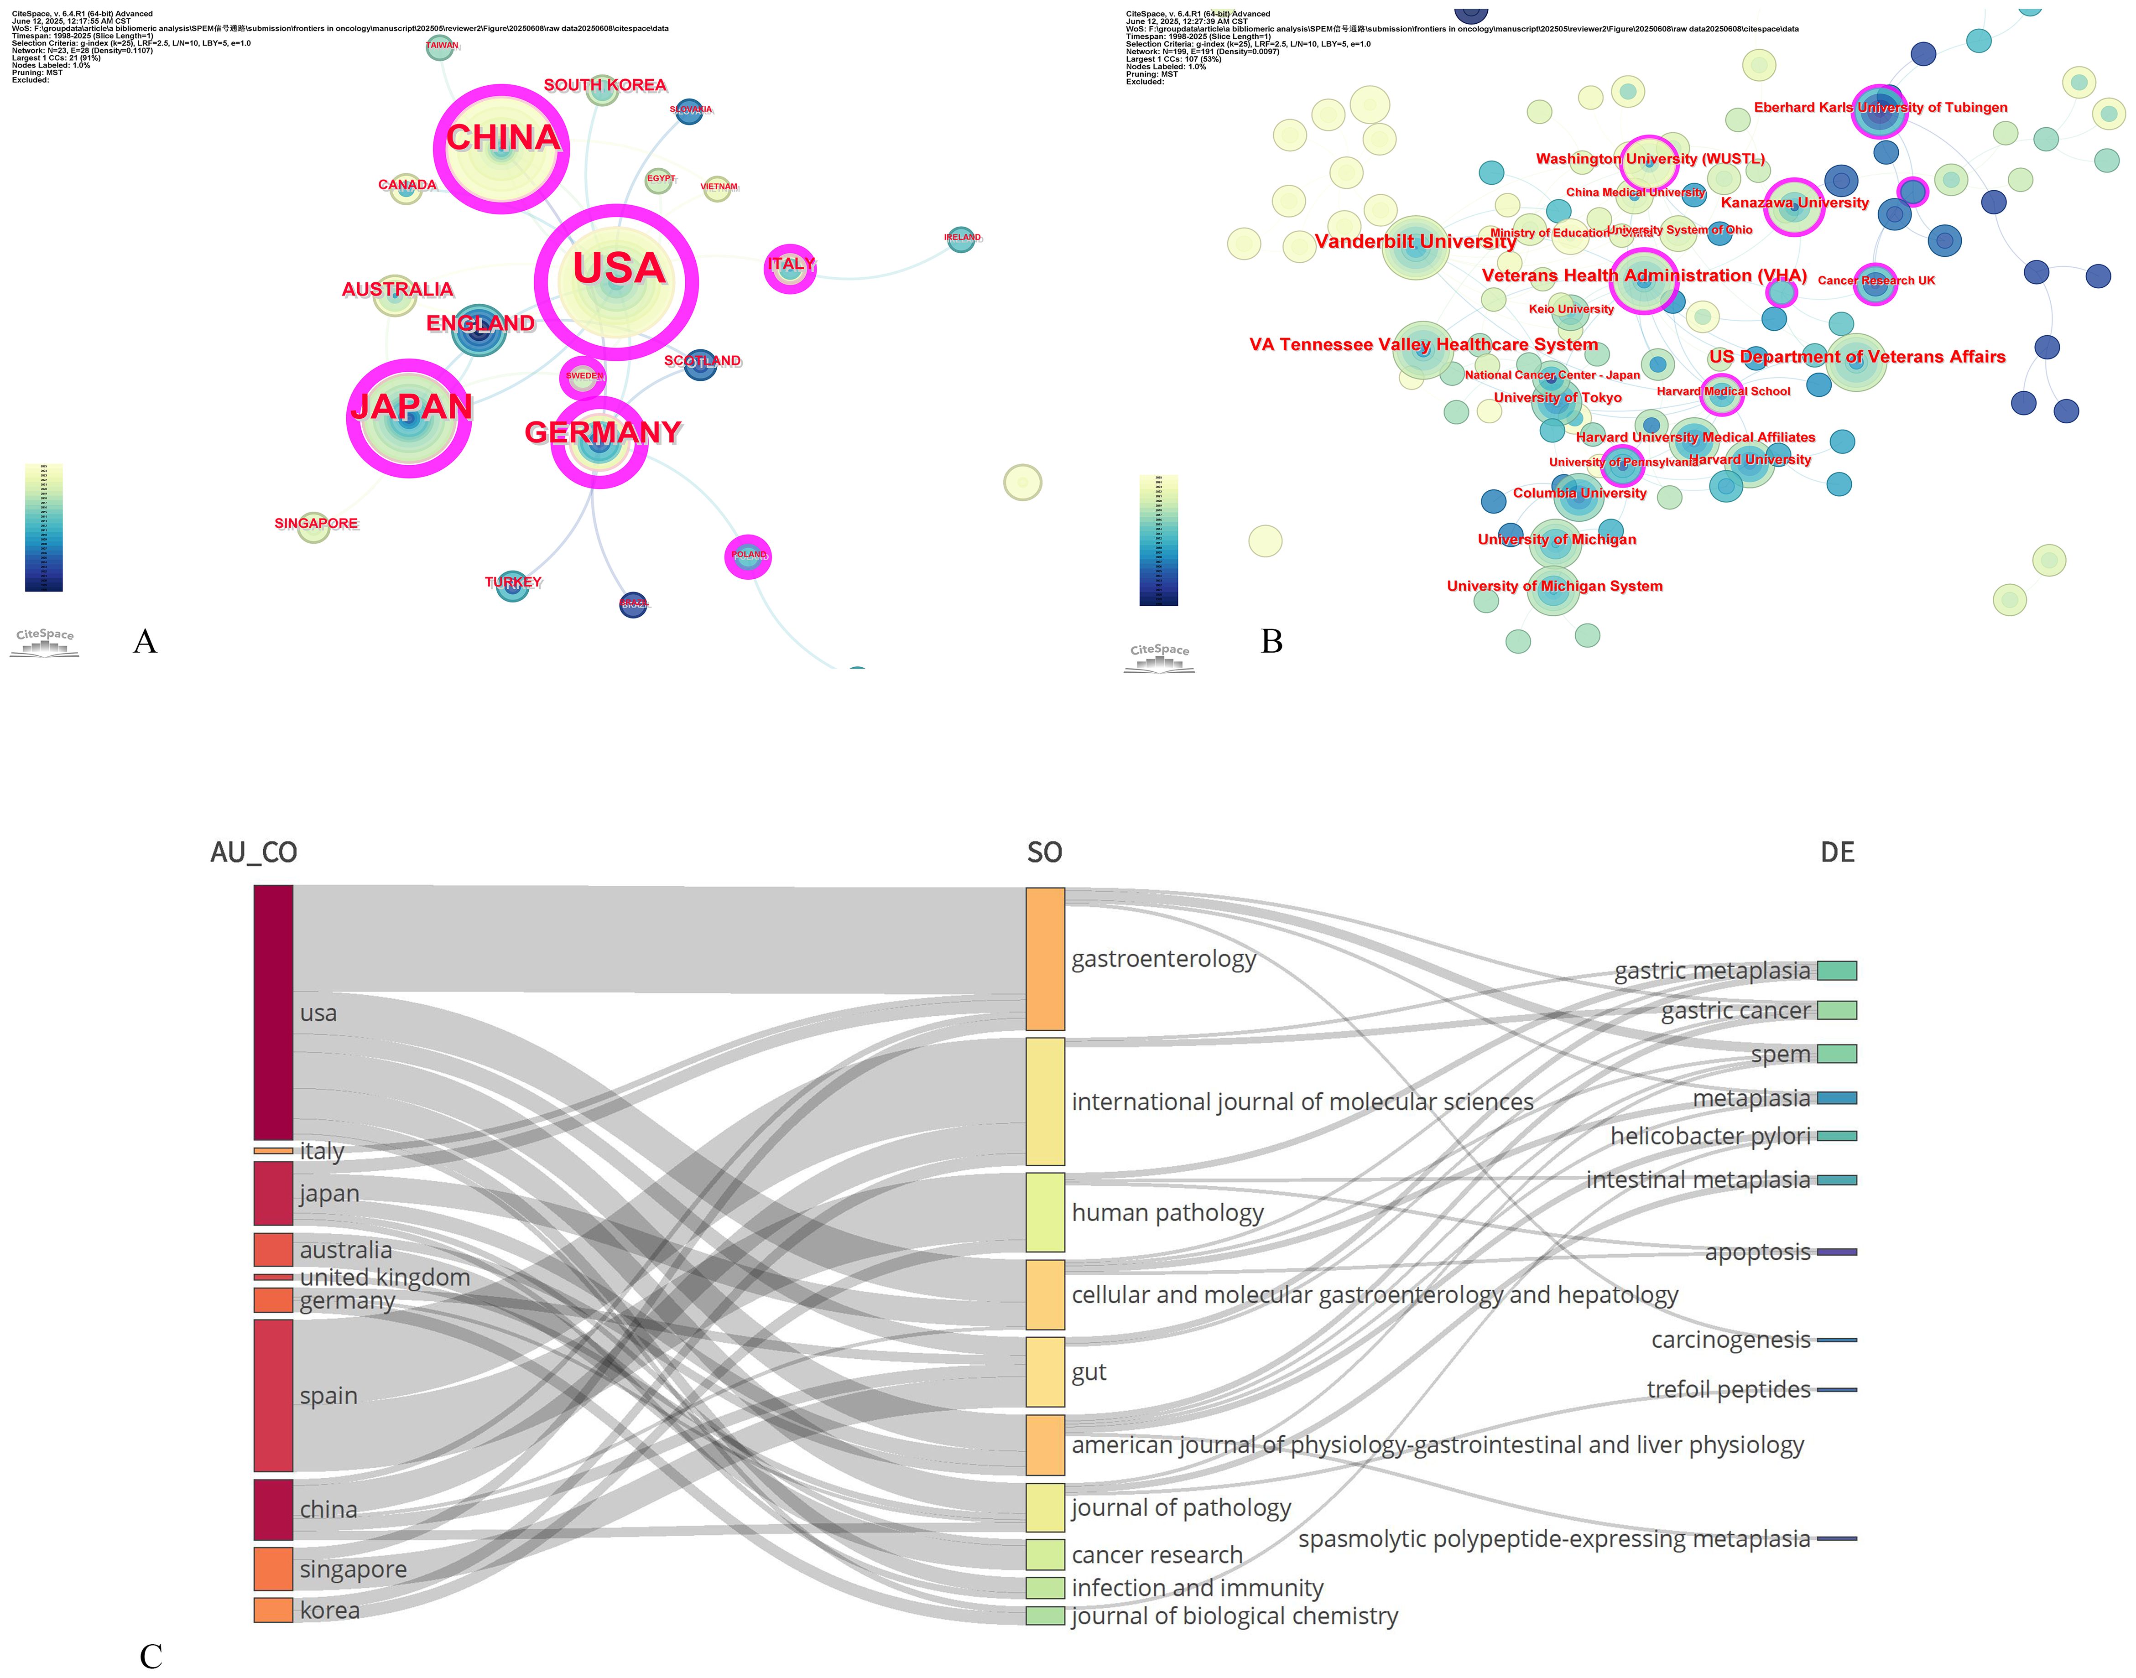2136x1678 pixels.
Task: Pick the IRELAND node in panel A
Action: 961,239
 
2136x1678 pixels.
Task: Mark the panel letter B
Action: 1271,642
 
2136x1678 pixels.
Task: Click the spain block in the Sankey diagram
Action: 273,1395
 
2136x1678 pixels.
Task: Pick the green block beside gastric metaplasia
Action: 1836,971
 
